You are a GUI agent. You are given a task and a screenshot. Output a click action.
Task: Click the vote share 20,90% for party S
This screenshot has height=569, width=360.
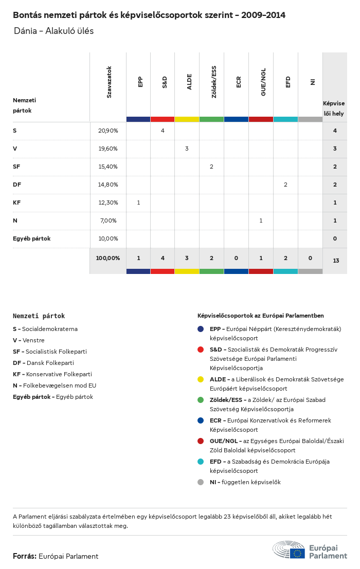click(x=108, y=131)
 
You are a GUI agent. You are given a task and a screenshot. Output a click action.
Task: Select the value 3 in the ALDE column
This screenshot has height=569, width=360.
click(x=187, y=149)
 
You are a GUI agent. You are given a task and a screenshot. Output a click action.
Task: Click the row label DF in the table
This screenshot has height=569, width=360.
click(x=17, y=185)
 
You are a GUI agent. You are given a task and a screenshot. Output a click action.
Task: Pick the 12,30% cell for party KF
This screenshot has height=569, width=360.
click(x=108, y=203)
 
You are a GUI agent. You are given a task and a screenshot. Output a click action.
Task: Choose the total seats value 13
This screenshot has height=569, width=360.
click(x=336, y=261)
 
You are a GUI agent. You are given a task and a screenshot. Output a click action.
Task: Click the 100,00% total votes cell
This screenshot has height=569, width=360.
click(x=108, y=258)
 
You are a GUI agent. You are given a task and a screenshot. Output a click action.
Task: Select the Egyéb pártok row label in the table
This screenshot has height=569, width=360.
click(x=32, y=238)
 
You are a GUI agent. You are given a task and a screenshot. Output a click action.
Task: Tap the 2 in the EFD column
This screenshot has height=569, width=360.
click(x=285, y=185)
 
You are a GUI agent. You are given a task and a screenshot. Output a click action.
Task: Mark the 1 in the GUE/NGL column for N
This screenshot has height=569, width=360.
click(x=261, y=221)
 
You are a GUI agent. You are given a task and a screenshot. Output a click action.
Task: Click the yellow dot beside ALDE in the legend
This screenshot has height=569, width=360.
click(x=201, y=379)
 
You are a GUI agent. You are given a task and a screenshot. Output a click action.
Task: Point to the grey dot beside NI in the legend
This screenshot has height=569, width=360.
click(x=201, y=482)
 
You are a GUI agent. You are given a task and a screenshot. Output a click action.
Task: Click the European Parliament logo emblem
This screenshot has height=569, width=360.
click(x=289, y=550)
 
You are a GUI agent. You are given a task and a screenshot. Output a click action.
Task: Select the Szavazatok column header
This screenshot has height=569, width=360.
click(x=109, y=82)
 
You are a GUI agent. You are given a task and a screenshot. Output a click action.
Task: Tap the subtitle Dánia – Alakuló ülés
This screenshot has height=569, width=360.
click(x=53, y=31)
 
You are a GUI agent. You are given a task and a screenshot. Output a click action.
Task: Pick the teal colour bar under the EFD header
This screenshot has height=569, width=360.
click(x=285, y=119)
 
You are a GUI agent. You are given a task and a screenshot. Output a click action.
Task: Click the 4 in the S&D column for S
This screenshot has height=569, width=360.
click(x=163, y=131)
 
